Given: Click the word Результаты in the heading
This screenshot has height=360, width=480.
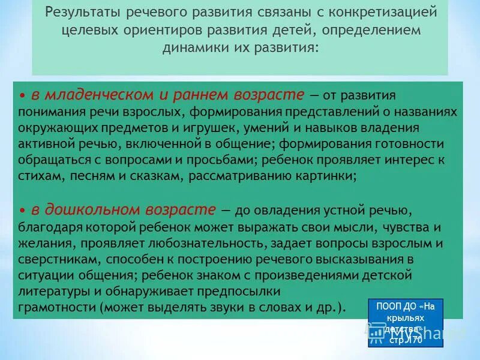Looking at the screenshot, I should click(x=84, y=13).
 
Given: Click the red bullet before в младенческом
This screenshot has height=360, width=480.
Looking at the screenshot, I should click(x=22, y=96).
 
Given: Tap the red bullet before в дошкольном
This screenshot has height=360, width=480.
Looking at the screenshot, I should click(x=22, y=210).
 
